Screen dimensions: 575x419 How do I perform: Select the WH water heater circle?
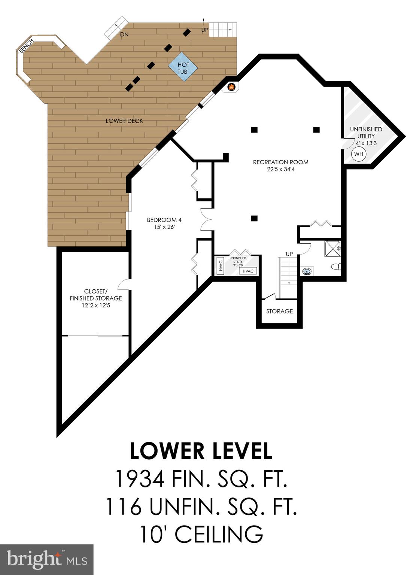point(358,154)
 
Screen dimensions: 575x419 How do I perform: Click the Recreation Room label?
point(280,165)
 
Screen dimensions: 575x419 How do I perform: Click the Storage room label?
point(279,311)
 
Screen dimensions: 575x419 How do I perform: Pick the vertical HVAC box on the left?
point(221,265)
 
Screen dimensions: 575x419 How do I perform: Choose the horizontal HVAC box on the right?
point(248,271)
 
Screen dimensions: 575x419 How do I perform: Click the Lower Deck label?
point(124,121)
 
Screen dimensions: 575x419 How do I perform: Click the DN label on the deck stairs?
point(124,34)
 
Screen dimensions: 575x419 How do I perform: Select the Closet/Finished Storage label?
point(95,298)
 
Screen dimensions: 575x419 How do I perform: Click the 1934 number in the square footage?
point(140,479)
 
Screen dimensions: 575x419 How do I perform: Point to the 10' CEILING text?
point(201,534)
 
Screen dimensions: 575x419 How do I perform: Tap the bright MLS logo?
point(47,560)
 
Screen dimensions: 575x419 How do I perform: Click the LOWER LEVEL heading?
point(201,451)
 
